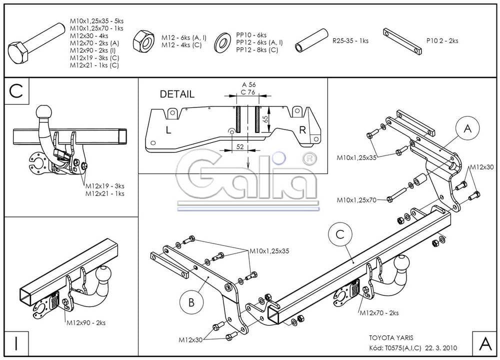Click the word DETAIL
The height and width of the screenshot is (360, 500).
[x=177, y=94]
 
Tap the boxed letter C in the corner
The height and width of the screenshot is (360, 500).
[x=16, y=91]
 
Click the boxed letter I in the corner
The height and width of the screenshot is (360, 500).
[x=16, y=344]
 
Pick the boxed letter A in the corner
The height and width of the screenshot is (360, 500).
[x=484, y=344]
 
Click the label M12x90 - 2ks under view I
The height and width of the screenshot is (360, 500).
[x=85, y=323]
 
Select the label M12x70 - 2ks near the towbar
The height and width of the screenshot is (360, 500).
[x=378, y=313]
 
